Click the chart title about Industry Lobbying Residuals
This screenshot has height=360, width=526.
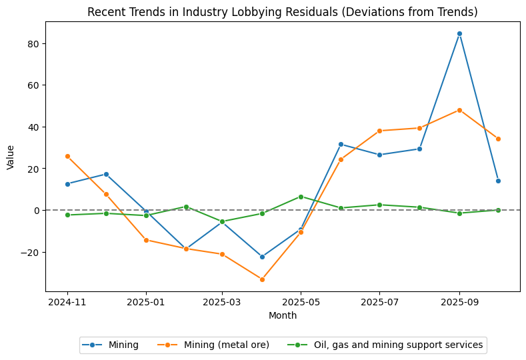(283, 12)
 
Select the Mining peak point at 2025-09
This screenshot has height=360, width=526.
(459, 33)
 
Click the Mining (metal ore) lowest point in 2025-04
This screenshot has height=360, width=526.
(262, 279)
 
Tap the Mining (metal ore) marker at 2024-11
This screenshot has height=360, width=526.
(67, 156)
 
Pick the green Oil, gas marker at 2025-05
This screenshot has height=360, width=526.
(301, 197)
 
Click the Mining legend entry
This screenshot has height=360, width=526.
(111, 345)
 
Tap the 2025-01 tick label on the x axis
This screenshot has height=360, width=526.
(146, 302)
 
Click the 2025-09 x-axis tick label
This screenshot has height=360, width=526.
(459, 302)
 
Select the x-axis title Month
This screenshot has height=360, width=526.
(283, 315)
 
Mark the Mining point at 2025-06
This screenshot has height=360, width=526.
(341, 144)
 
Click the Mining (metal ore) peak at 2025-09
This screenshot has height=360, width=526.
(459, 110)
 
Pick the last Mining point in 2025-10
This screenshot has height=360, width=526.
(498, 181)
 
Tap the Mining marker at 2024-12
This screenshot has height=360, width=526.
(106, 174)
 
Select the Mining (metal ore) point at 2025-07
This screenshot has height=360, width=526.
(379, 131)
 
